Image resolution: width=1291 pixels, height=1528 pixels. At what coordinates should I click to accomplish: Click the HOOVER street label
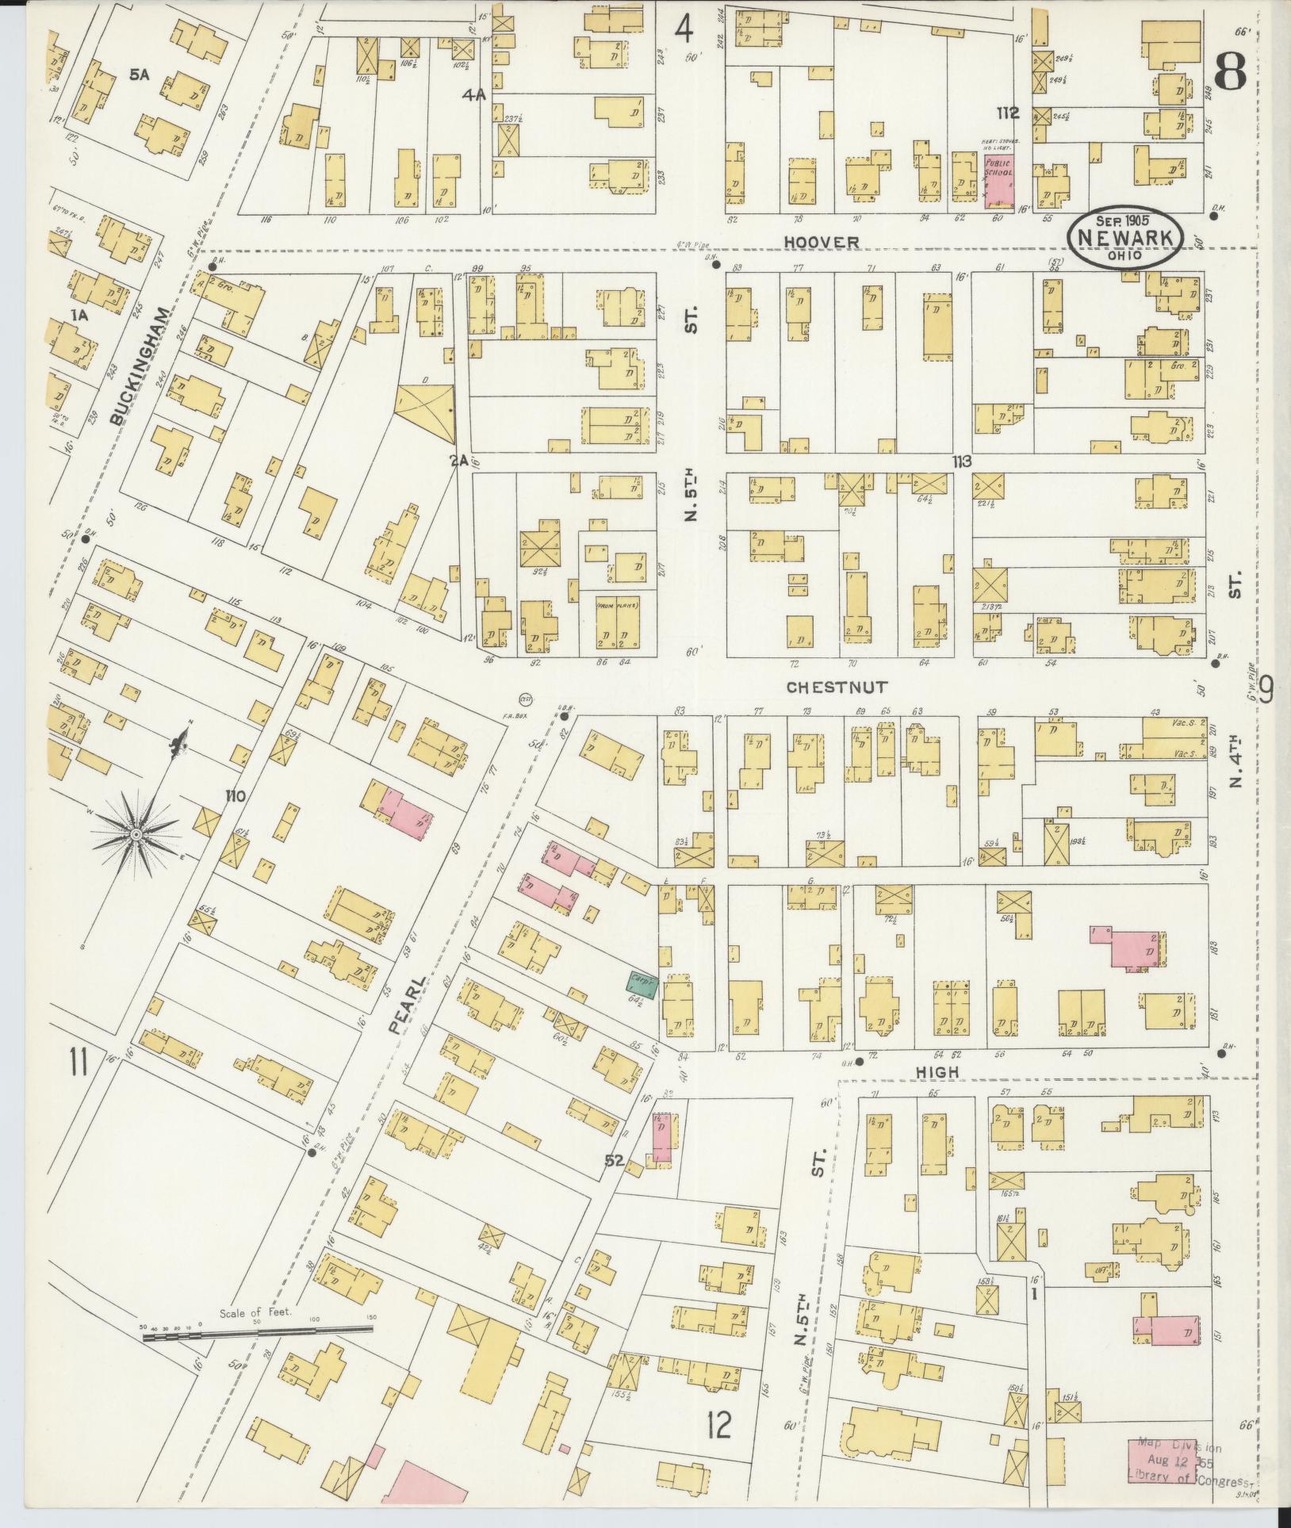coord(809,242)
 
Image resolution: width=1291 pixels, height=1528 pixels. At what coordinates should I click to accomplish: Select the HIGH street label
coord(937,1072)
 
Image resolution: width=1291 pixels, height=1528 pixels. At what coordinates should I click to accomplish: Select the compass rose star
coord(136,835)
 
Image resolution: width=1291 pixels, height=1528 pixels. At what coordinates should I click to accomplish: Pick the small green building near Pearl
coord(643,983)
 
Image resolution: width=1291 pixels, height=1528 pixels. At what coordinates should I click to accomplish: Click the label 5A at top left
coord(140,75)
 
